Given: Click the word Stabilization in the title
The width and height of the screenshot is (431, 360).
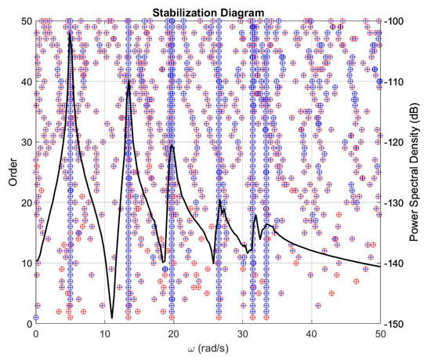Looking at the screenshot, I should point(187,11).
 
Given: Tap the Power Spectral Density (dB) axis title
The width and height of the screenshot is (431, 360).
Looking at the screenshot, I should point(422,172).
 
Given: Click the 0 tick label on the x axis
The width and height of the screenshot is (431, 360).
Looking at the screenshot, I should point(35,333).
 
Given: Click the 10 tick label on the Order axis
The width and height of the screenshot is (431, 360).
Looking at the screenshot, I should point(25,263).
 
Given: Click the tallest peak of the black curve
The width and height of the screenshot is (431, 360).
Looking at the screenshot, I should point(71,34).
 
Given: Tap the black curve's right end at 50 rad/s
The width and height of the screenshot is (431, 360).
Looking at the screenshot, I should point(380,267).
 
